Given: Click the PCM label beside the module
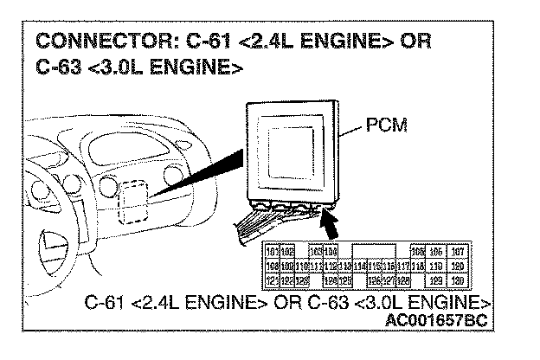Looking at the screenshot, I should (386, 126).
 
